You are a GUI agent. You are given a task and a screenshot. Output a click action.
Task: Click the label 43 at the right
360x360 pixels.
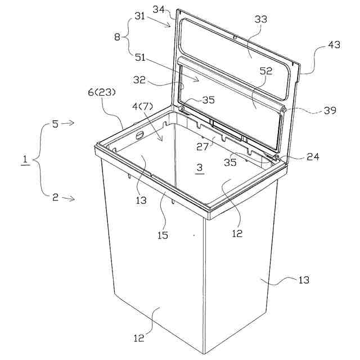[334, 46]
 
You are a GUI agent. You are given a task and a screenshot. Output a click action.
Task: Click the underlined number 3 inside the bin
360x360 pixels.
[200, 169]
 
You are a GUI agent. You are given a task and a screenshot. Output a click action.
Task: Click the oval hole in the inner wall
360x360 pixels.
[139, 136]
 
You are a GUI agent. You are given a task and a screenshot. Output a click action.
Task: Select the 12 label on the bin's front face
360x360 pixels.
[139, 338]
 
